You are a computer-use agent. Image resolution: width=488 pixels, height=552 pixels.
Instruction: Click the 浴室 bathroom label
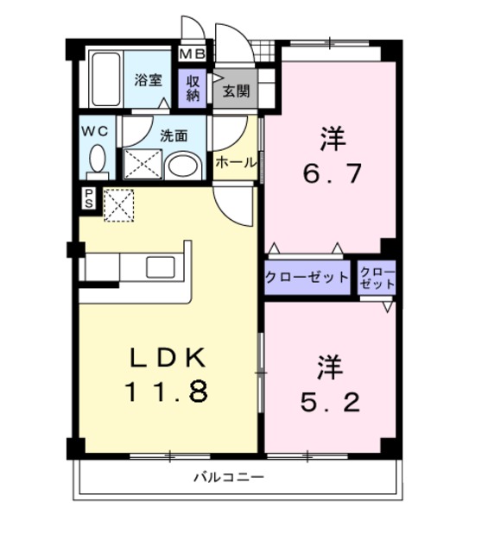148,81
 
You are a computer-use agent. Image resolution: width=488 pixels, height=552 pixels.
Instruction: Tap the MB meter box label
192,54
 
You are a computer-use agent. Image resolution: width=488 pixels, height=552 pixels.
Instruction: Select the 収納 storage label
192,88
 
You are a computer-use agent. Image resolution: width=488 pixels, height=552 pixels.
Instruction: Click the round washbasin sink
181,165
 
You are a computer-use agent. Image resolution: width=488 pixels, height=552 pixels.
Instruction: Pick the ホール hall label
234,162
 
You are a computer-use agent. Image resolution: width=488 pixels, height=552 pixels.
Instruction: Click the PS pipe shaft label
89,198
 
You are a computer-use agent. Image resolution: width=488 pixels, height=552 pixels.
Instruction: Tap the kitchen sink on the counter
161,267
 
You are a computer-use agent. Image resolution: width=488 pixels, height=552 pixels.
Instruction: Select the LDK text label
167,356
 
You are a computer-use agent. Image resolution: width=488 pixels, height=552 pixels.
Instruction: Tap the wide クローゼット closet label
307,278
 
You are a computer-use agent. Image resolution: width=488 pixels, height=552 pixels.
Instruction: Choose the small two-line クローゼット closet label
377,278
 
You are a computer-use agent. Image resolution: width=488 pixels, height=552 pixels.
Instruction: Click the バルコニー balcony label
228,477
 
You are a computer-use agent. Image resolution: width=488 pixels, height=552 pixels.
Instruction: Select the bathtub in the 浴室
105,79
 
